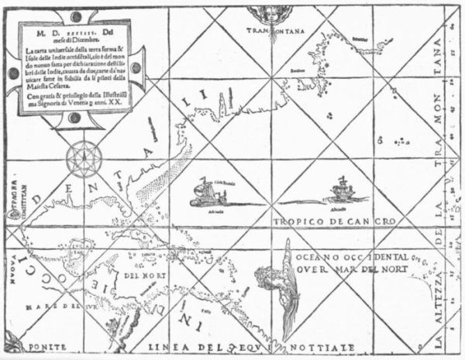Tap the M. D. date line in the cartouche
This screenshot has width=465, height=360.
pos(74,35)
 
